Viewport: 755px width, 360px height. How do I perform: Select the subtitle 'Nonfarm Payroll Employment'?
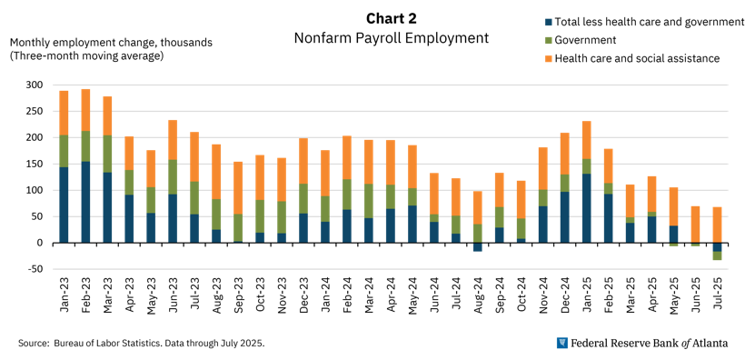391,38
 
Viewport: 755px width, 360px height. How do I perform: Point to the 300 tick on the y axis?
34,85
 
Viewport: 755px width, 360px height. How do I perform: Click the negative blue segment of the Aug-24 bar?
478,247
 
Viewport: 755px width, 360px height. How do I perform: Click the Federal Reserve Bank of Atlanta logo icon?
562,343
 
